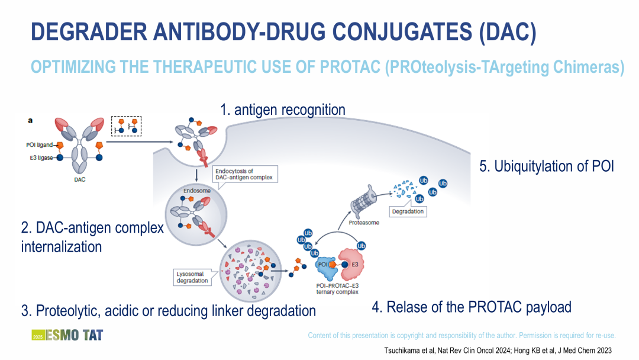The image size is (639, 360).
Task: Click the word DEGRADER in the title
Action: pos(89,32)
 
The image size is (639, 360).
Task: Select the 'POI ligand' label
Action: pos(40,144)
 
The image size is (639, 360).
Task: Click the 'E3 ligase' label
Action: pos(41,157)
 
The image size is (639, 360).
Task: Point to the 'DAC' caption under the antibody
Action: pos(80,179)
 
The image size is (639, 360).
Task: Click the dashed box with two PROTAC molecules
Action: pos(127,126)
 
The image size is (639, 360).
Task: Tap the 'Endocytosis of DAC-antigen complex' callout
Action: pos(244,174)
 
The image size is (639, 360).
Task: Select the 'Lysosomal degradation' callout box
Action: pos(192,277)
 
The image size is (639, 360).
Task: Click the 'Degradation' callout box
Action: pos(408,211)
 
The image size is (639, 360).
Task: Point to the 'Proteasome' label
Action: pos(364,223)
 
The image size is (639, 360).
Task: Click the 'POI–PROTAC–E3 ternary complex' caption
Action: pos(337,289)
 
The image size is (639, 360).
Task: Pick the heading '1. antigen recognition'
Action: pos(283,110)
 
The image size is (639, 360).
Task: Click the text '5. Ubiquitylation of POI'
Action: pos(547,166)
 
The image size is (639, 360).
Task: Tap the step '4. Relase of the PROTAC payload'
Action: pos(472,307)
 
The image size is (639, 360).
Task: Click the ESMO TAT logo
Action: pos(67,335)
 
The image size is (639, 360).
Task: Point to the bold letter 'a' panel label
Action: pos(30,120)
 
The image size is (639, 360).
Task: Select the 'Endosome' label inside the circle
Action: pos(197,191)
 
